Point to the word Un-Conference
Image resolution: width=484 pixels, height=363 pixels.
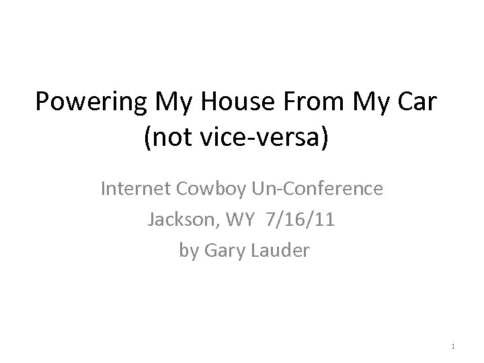point(316,190)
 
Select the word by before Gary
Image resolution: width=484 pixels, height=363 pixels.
point(189,251)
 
